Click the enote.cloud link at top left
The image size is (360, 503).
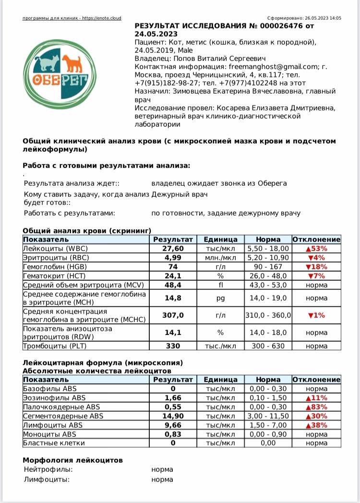pos(72,18)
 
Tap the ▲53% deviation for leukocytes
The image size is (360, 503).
pos(316,249)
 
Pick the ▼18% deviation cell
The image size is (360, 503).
pos(316,267)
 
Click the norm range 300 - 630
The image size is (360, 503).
pos(268,346)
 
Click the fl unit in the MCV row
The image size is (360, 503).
pos(220,285)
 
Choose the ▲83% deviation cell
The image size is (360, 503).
pos(316,407)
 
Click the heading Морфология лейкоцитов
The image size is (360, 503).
pos(72,460)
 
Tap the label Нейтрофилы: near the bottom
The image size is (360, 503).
pos(48,469)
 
